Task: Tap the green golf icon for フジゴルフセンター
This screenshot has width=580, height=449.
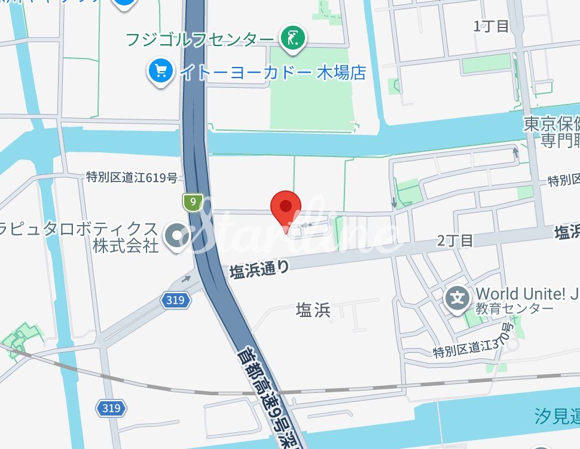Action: pyautogui.click(x=293, y=39)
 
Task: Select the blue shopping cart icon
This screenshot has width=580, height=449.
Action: pyautogui.click(x=160, y=72)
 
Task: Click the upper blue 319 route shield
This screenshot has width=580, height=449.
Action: pyautogui.click(x=175, y=300)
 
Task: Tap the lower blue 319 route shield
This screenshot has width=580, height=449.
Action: pyautogui.click(x=111, y=408)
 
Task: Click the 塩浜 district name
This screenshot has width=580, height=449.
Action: pyautogui.click(x=313, y=310)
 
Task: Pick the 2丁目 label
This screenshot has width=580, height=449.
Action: pyautogui.click(x=455, y=241)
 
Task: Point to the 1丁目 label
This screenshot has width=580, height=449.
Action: pyautogui.click(x=491, y=26)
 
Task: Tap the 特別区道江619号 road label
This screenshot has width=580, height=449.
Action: pyautogui.click(x=132, y=177)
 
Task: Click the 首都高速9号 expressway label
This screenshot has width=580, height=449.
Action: pyautogui.click(x=270, y=394)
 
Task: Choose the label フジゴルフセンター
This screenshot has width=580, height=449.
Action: pyautogui.click(x=200, y=39)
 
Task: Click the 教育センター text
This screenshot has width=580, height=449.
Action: pyautogui.click(x=506, y=309)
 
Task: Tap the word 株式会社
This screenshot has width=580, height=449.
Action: pyautogui.click(x=126, y=245)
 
